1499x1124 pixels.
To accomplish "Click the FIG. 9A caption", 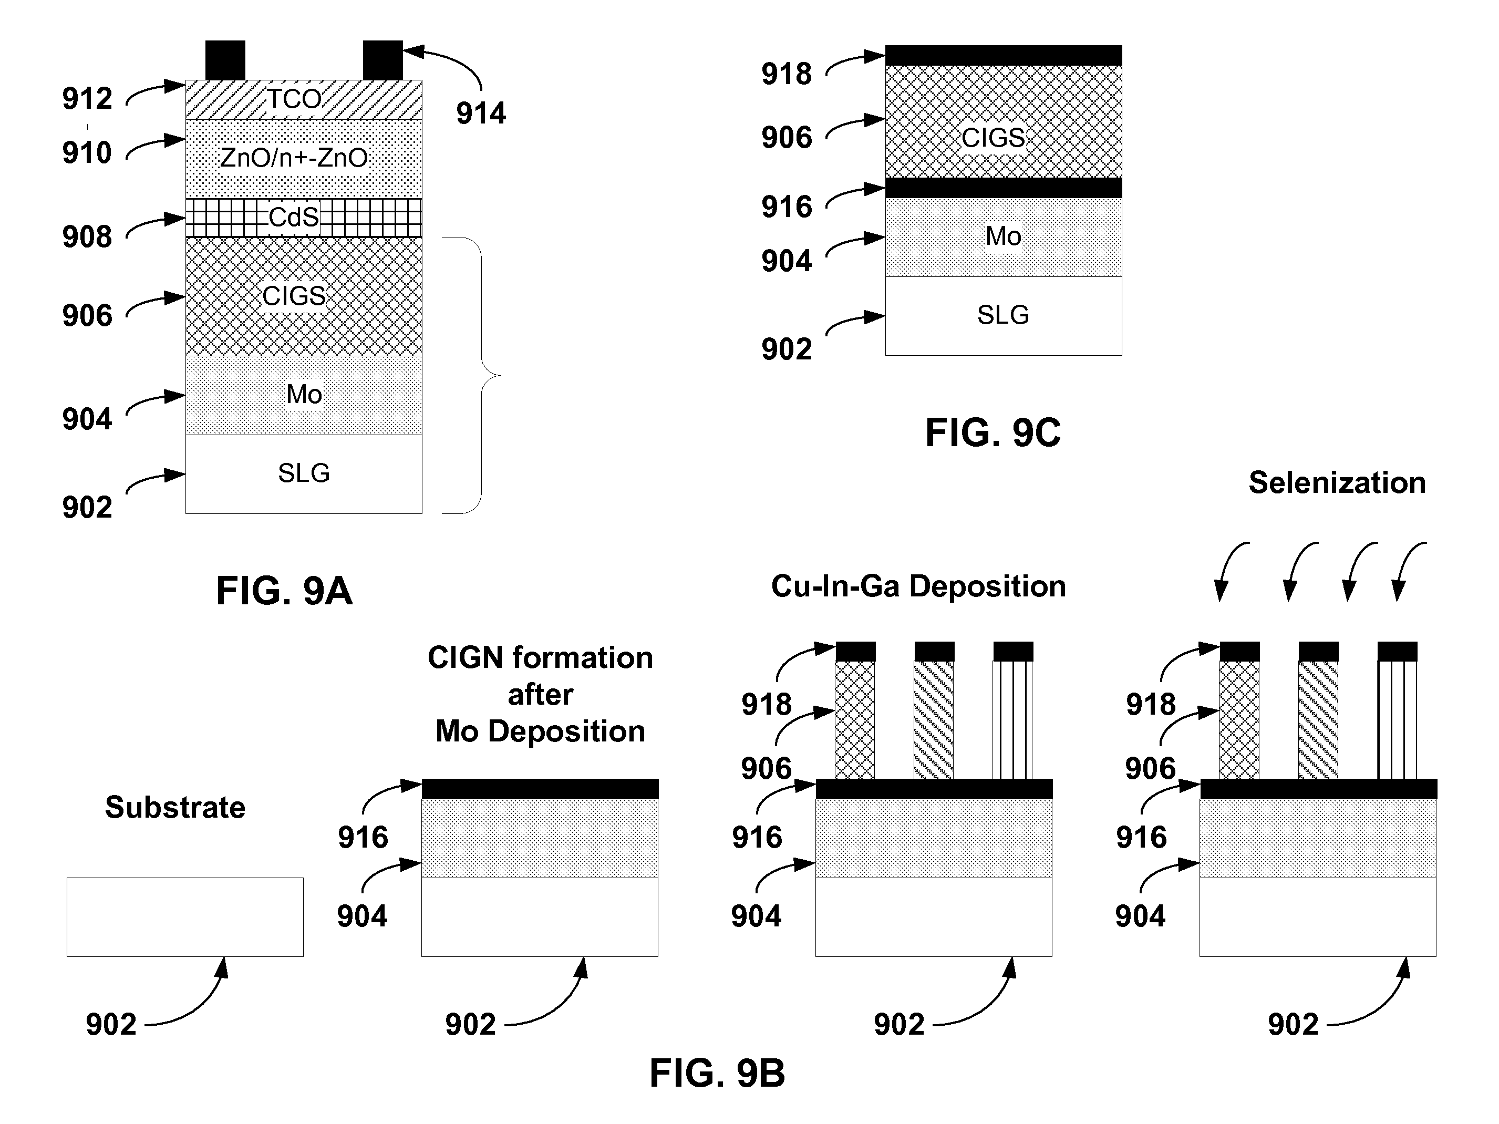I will pos(284,591).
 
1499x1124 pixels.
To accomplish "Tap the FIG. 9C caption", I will pos(993,432).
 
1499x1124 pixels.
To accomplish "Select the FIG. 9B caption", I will pos(717,1073).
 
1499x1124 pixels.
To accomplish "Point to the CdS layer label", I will pos(293,218).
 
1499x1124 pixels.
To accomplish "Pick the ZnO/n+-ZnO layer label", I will pos(293,158).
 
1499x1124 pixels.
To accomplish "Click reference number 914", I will pos(480,113).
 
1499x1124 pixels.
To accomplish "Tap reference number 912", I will pos(87,99).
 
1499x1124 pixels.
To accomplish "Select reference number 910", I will pos(87,153).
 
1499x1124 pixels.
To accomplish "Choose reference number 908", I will pos(87,236).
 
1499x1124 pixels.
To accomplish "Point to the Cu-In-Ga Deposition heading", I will pos(918,586).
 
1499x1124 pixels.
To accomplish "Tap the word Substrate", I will pos(175,808).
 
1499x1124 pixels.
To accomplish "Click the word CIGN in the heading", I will pos(466,657).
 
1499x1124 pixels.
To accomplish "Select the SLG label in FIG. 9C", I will pos(1003,315).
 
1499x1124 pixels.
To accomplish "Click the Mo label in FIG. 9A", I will pos(304,395).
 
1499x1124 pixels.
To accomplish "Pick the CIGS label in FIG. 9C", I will pos(993,138).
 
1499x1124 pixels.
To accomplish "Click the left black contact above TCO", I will pos(225,60).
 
